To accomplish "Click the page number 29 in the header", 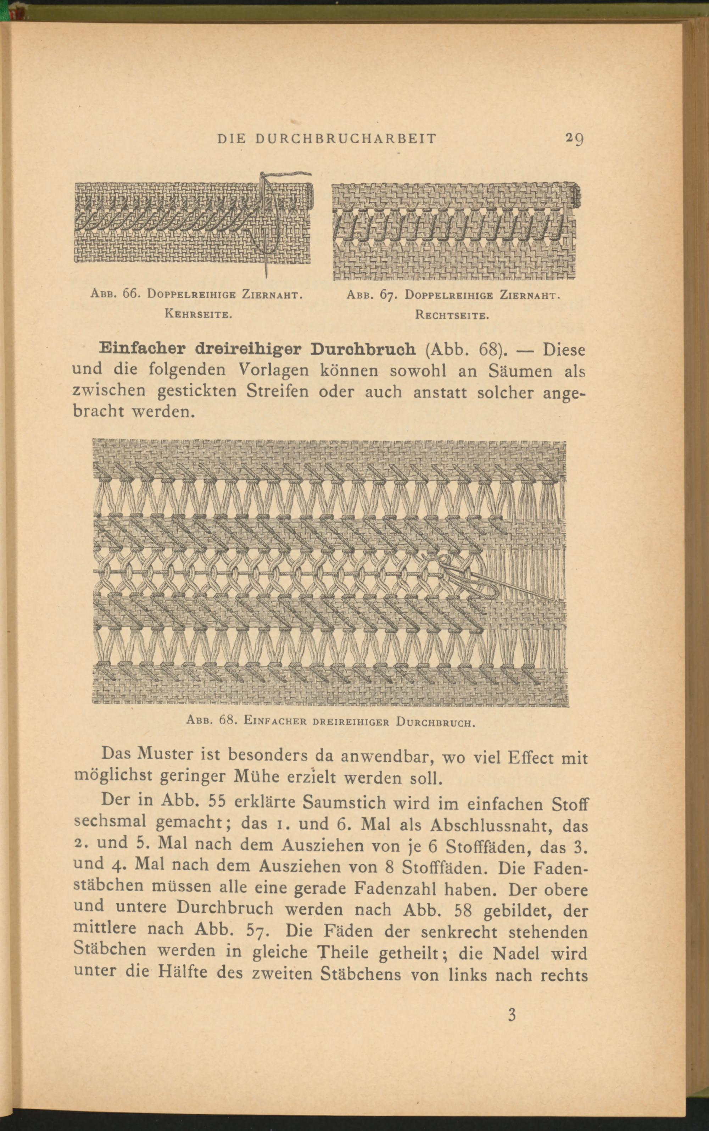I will [x=574, y=139].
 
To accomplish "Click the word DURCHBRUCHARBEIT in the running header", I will [x=346, y=139].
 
